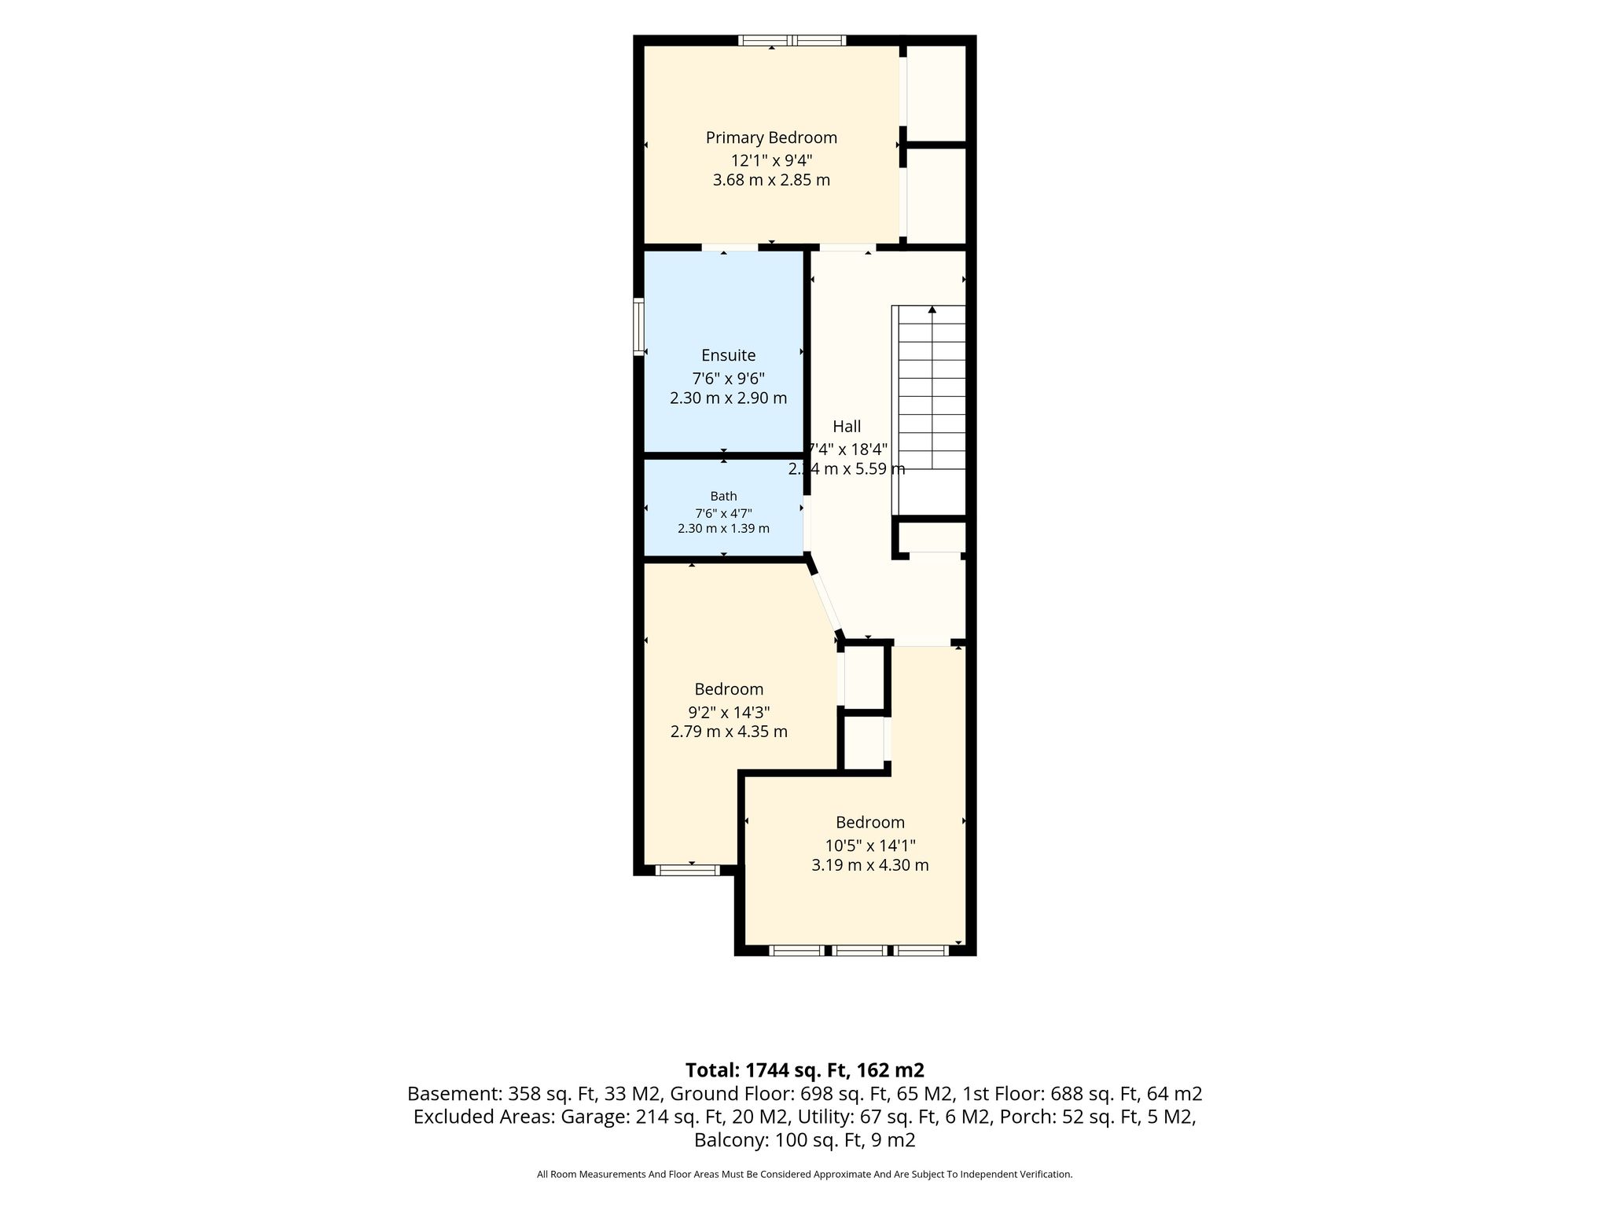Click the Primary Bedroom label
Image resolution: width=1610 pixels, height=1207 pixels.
coord(771,138)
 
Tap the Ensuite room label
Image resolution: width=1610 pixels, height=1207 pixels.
coord(729,355)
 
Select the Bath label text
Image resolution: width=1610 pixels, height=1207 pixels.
coord(724,496)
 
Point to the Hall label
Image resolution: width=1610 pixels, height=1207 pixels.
coord(847,427)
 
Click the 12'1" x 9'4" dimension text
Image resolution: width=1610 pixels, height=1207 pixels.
coord(771,161)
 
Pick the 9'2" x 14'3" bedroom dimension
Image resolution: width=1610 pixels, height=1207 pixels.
coord(729,713)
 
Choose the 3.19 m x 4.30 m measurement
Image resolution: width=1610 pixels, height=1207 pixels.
coord(870,866)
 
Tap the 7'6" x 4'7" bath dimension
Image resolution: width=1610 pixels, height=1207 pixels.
coord(724,513)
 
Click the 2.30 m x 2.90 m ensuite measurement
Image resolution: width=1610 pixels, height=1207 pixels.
coord(729,398)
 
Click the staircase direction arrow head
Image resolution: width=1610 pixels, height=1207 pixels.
coord(932,310)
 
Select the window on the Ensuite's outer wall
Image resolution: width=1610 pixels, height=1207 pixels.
coord(639,326)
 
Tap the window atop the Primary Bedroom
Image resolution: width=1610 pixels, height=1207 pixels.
coord(792,40)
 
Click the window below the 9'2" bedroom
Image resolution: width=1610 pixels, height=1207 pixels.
coord(687,870)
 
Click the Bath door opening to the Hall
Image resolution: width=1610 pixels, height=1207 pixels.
coord(807,523)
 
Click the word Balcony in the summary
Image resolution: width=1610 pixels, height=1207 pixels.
coord(728,1140)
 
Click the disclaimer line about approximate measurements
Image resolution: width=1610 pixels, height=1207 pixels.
coord(805,1175)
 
